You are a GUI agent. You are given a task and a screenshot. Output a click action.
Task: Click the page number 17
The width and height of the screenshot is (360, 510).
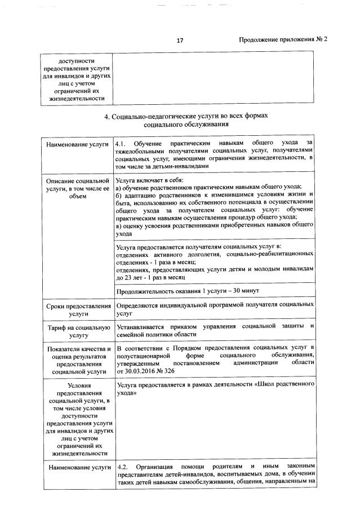(x=180, y=40)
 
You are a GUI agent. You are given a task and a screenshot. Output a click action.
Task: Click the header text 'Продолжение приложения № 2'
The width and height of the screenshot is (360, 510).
(x=283, y=40)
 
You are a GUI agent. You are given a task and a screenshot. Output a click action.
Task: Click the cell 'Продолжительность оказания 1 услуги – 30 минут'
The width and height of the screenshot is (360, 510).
(x=195, y=290)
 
